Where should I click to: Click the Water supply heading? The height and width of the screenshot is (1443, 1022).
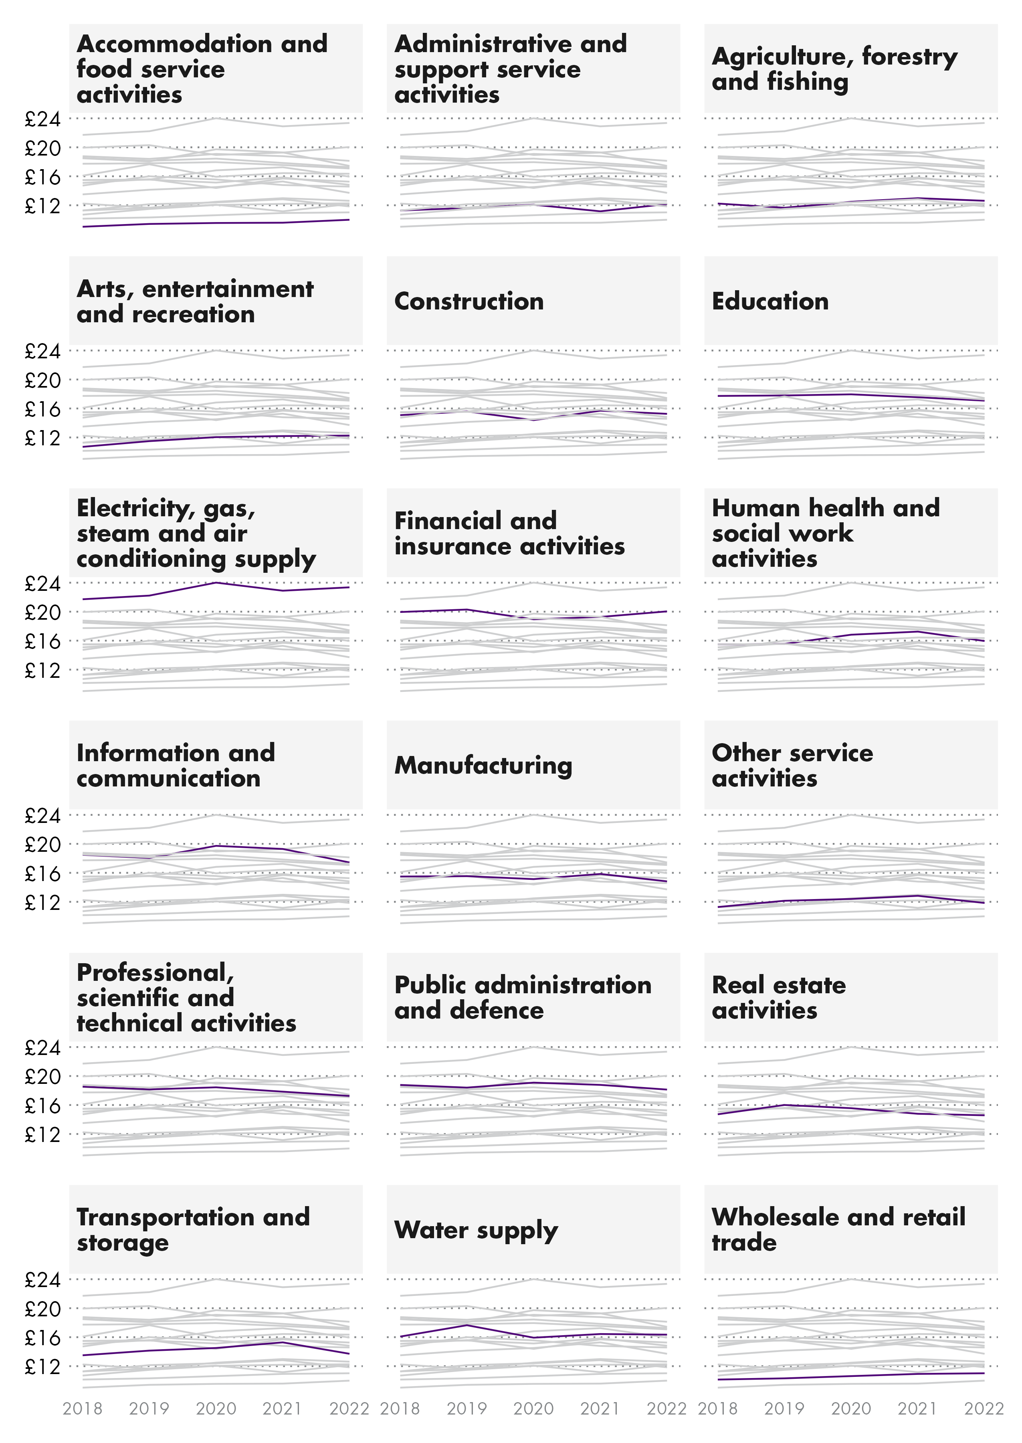tap(476, 1230)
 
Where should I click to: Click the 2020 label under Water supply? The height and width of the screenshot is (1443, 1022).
tap(533, 1409)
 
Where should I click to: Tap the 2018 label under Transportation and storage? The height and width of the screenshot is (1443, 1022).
tap(83, 1409)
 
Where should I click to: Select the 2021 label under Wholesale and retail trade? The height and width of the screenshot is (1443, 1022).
tap(917, 1409)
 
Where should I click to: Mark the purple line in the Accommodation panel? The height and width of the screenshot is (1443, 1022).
tap(216, 223)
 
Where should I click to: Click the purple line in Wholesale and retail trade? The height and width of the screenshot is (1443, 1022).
tap(851, 1376)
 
